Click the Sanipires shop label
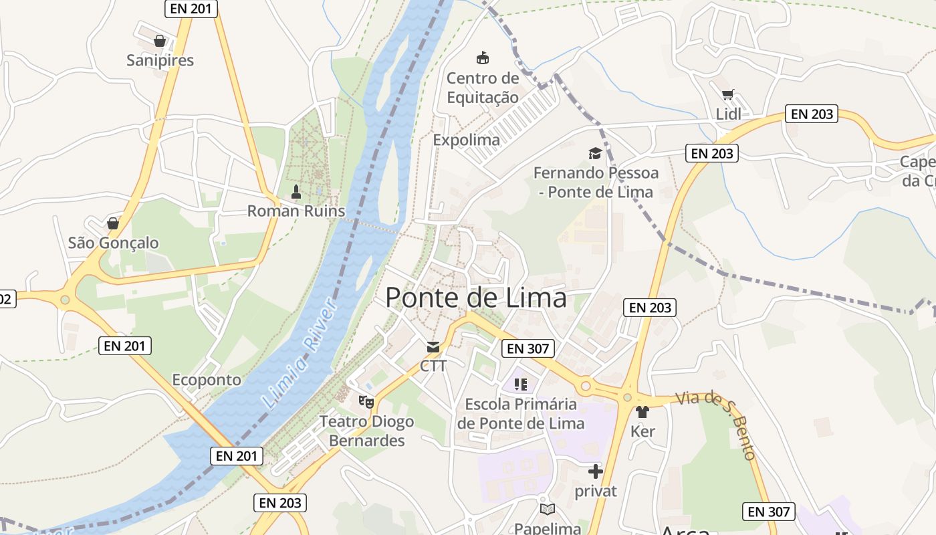(x=160, y=60)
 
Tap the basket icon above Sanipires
(x=159, y=41)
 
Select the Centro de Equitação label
(x=482, y=88)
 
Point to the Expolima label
(x=466, y=140)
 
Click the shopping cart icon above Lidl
(x=727, y=95)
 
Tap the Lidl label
(x=728, y=114)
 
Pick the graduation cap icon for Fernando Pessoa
(x=595, y=154)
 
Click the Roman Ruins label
(x=296, y=211)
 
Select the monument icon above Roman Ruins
(x=296, y=192)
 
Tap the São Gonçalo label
(x=113, y=243)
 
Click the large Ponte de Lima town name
(x=476, y=298)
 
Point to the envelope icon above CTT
(x=433, y=347)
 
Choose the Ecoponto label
(x=207, y=380)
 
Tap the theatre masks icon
(x=366, y=402)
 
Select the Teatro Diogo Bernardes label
(x=366, y=431)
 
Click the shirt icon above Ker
(x=642, y=412)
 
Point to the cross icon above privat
(x=595, y=472)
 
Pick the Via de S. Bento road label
(x=717, y=423)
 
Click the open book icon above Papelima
(x=548, y=510)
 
